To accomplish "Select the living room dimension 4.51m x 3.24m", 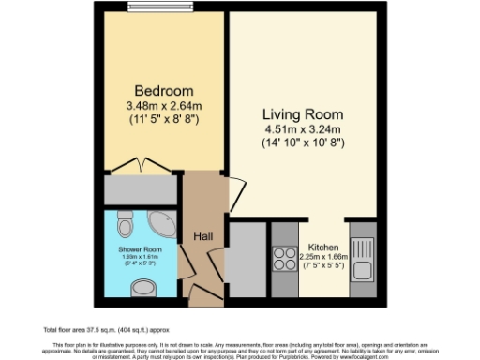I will [304, 130].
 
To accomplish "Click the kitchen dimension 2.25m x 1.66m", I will [324, 256].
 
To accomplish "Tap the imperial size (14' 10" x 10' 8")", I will [304, 144].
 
